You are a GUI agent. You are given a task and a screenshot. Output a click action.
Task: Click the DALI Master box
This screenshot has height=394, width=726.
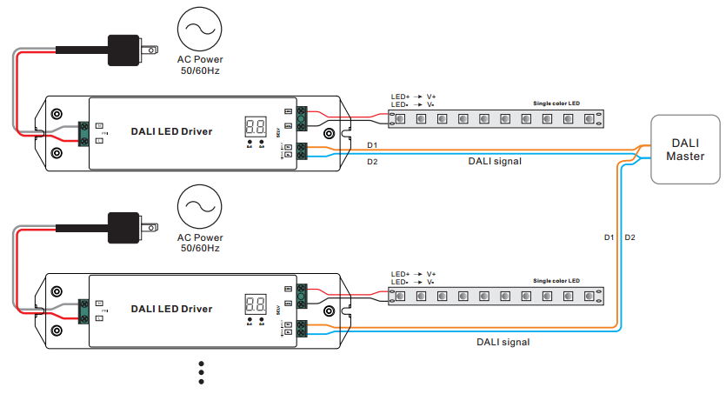(x=685, y=150)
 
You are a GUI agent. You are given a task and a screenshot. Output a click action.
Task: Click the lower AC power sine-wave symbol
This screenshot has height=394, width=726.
(x=200, y=210)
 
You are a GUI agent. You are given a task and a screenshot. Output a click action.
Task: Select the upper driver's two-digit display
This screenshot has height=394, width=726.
(x=256, y=124)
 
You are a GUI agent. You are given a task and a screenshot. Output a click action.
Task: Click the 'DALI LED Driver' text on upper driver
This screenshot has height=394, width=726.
(x=171, y=131)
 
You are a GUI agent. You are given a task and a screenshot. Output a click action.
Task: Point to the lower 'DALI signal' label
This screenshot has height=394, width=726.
(x=503, y=342)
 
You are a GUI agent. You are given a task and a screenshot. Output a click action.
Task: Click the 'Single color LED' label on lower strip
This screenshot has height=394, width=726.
(x=556, y=280)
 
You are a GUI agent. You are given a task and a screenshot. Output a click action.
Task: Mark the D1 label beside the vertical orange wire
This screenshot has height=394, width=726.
(x=609, y=237)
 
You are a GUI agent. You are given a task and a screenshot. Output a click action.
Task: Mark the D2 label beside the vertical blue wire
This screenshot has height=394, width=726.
(x=630, y=237)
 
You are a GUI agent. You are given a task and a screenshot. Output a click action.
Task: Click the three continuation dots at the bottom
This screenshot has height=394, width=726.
(x=201, y=371)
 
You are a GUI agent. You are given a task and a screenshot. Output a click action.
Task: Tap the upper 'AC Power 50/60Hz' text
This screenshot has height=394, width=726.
(x=200, y=64)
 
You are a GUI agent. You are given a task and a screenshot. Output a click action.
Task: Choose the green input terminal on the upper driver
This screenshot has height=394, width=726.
(x=84, y=132)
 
